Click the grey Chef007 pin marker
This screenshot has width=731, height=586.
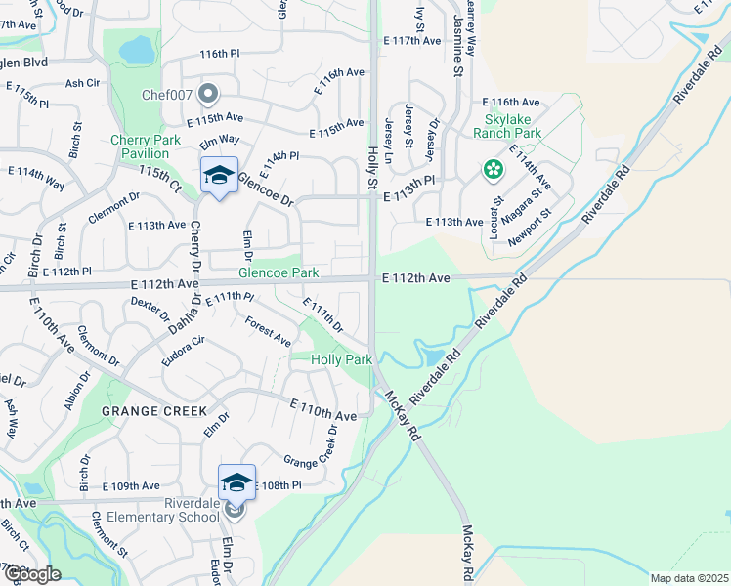(207, 94)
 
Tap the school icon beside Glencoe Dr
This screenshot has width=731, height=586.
(219, 175)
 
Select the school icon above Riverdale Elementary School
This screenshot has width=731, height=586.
(236, 482)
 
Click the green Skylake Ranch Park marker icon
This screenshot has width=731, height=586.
(494, 170)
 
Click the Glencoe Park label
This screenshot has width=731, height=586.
(279, 272)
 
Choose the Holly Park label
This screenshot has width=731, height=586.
(341, 359)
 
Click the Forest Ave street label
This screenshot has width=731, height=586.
(268, 332)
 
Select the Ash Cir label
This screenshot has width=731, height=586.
(83, 84)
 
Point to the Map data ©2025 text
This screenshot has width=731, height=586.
(689, 578)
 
